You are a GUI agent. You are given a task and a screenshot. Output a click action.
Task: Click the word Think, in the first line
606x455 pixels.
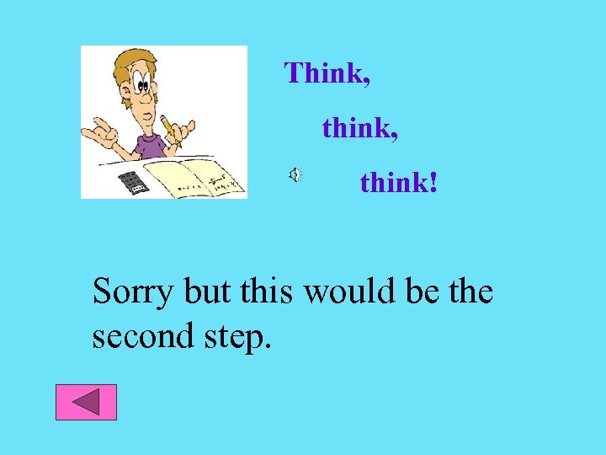coord(327,73)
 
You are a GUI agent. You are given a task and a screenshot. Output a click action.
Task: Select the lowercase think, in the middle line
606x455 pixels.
coord(359,128)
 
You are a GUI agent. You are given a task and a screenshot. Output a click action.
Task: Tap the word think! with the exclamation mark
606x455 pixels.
coord(398,182)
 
